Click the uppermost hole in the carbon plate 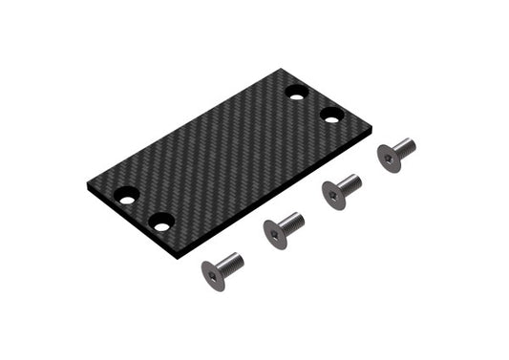296,94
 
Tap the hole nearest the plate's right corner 331,115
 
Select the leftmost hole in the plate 126,196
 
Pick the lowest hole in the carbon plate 161,222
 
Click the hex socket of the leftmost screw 212,276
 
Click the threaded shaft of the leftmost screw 231,261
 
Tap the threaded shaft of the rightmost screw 405,146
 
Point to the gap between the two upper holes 314,104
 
